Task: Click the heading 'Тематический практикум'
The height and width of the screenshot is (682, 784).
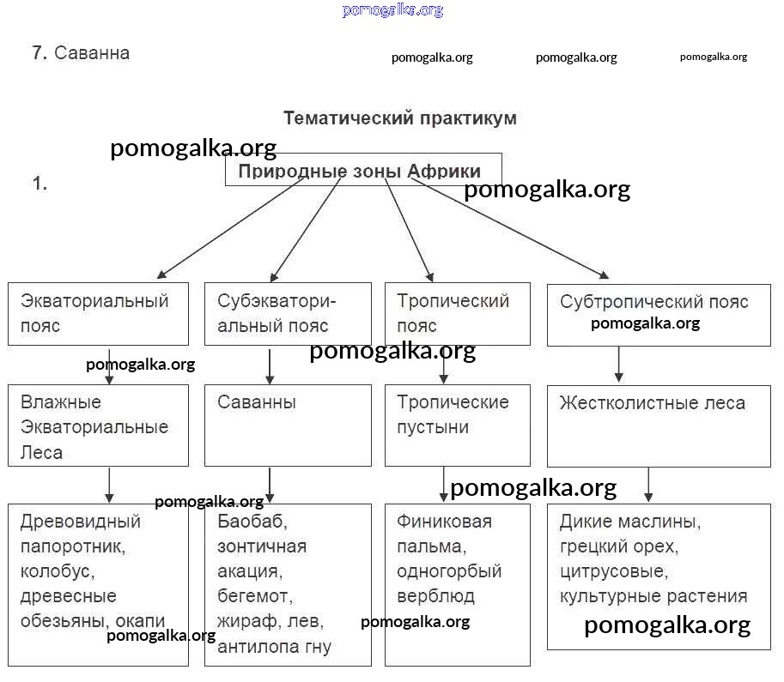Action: (399, 118)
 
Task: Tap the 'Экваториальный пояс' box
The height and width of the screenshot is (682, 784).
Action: (98, 314)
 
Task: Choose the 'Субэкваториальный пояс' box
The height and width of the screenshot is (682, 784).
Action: (288, 314)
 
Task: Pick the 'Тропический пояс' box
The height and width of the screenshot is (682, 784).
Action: (457, 314)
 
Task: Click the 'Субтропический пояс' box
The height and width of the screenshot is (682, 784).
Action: (658, 314)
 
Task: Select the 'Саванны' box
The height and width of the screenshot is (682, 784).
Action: (288, 425)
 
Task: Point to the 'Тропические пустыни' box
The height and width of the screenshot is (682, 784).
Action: (457, 425)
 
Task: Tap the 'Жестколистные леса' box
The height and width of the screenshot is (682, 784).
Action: (658, 425)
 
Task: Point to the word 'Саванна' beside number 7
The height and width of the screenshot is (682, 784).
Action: (92, 53)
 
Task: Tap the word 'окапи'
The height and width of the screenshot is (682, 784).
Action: (139, 621)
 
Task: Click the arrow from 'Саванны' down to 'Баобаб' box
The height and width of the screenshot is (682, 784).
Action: (270, 485)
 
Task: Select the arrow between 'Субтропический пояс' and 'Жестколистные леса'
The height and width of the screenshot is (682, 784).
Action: (618, 365)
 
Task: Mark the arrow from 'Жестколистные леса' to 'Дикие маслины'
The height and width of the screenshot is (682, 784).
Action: (648, 485)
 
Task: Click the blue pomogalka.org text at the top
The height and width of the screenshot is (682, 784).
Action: (392, 10)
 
